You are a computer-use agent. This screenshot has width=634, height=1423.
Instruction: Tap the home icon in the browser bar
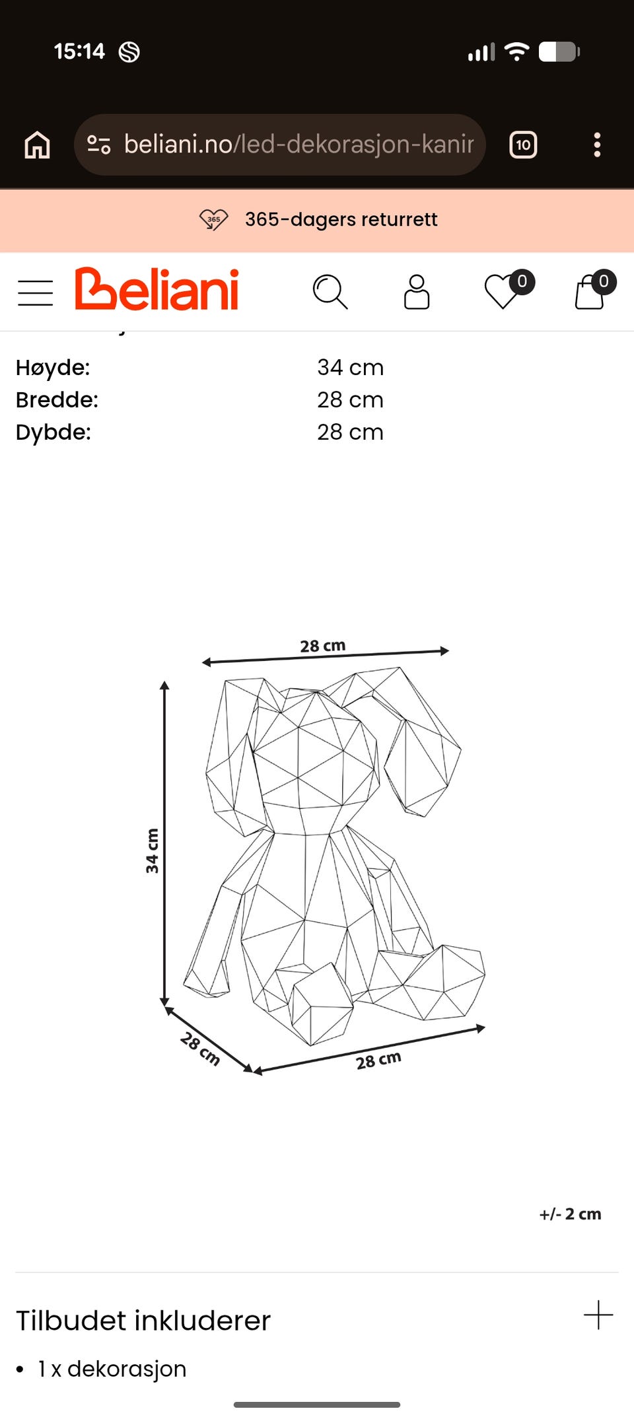pyautogui.click(x=37, y=145)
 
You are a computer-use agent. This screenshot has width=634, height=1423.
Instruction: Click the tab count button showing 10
pyautogui.click(x=523, y=145)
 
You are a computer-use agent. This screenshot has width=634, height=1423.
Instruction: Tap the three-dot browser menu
pyautogui.click(x=597, y=145)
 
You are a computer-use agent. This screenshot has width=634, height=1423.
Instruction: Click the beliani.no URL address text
pyautogui.click(x=299, y=144)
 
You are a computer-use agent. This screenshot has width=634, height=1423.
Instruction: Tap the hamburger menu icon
pyautogui.click(x=35, y=293)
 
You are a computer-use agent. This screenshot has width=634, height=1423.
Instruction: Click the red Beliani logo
pyautogui.click(x=157, y=289)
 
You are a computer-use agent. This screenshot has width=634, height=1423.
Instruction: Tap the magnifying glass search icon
pyautogui.click(x=330, y=292)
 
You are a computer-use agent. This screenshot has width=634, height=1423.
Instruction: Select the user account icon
pyautogui.click(x=417, y=292)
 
